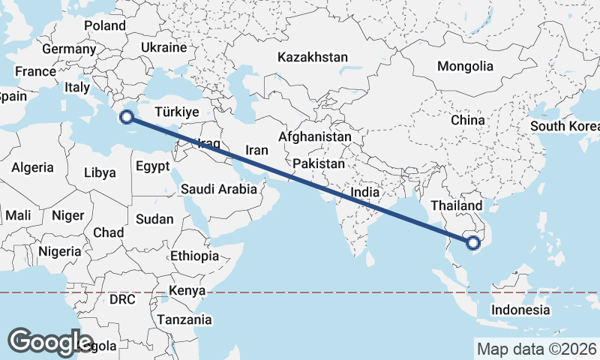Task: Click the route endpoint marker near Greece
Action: click(127, 116)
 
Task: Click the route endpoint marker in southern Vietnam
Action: click(472, 242)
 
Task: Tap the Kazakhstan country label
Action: click(313, 57)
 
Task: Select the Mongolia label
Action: click(465, 66)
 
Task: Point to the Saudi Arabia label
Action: click(218, 190)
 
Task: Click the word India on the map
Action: click(365, 192)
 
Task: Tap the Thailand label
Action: click(456, 205)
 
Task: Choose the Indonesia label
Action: click(520, 310)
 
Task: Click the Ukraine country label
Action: click(163, 47)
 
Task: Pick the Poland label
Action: click(105, 25)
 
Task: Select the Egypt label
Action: click(153, 167)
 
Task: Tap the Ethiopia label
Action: click(194, 256)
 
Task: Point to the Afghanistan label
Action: click(315, 137)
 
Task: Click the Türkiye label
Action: click(176, 112)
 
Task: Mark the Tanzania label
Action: click(184, 319)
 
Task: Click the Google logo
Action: click(50, 342)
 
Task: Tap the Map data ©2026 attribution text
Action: click(536, 349)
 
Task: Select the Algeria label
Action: click(32, 167)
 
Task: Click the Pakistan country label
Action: click(319, 163)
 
